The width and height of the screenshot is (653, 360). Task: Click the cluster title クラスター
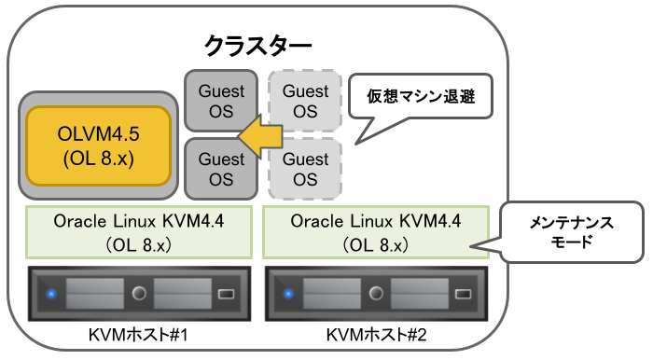pos(258,44)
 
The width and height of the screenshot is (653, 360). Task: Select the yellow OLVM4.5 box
pos(99,144)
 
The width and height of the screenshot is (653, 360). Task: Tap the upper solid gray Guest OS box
pos(221,101)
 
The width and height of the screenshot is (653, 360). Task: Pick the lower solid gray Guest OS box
pos(221,169)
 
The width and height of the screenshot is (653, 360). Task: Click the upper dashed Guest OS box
pos(305,101)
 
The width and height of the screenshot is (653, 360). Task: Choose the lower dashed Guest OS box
pos(305,169)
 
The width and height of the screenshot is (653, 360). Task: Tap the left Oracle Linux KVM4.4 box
pos(138,231)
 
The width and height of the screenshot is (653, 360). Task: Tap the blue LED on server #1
pos(51,295)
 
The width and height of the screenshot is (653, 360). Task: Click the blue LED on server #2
pos(289,295)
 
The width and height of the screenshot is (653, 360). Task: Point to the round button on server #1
pos(140,295)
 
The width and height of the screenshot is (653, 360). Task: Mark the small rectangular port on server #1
pos(227,295)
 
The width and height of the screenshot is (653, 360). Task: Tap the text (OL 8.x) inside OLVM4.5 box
pos(99,158)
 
